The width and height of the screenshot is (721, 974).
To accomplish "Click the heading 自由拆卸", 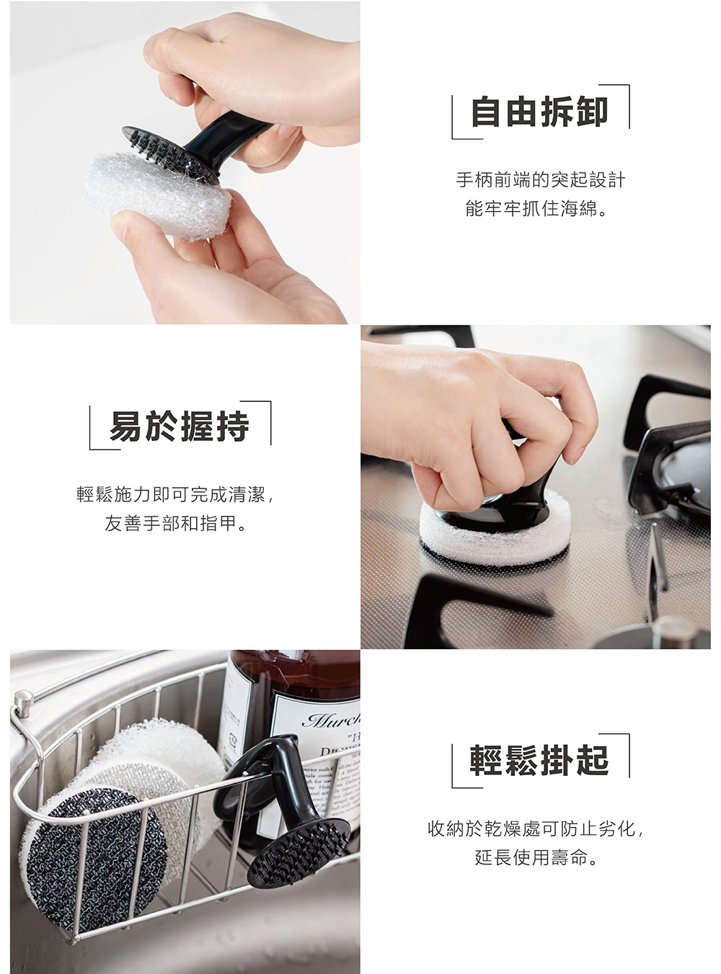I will click(539, 112).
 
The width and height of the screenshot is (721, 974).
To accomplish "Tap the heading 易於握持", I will click(180, 427).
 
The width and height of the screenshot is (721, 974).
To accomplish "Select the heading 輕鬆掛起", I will click(539, 761).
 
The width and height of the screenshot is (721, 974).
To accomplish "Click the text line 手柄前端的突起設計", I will click(540, 179).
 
